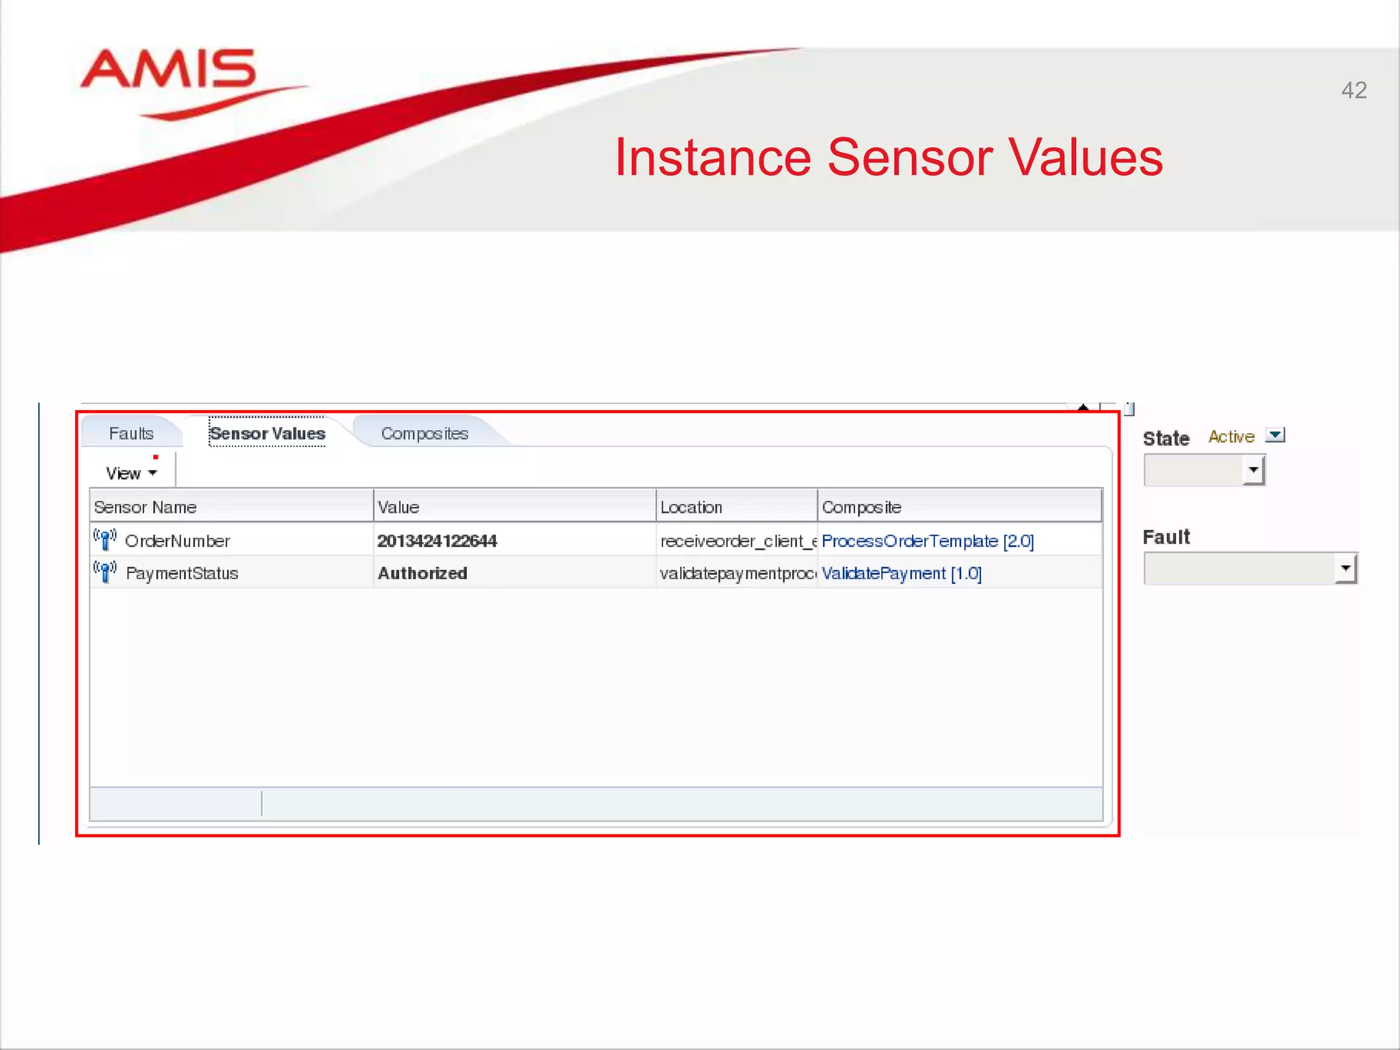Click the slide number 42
coord(1354,90)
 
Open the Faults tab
coord(131,433)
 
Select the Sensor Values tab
coord(267,433)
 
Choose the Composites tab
coord(425,433)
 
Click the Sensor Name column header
coord(146,507)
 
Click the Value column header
coord(399,507)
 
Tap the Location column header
coord(691,507)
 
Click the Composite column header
coord(861,507)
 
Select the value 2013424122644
coord(437,541)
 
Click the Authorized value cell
coord(422,573)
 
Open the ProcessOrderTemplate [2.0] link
coord(927,541)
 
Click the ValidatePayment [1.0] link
coord(901,573)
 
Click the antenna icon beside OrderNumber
coord(105,539)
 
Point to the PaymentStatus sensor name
coord(182,573)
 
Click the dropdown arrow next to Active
coord(1275,435)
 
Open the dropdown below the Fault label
coord(1345,568)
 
